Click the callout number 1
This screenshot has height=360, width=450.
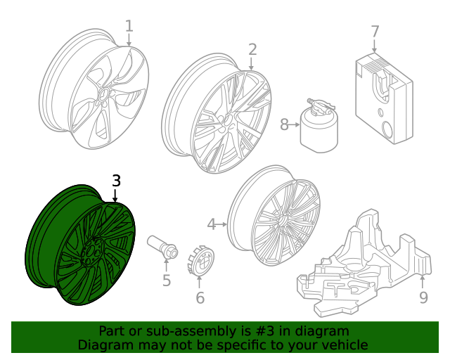(129, 26)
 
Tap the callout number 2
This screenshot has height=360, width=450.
(252, 50)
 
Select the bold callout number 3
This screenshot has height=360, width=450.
(116, 181)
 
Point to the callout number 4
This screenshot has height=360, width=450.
(212, 224)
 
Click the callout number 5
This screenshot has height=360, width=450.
(167, 280)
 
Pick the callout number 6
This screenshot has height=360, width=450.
(200, 297)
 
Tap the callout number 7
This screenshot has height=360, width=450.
(375, 32)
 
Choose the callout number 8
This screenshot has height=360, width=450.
(284, 124)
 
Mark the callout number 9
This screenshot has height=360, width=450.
(423, 297)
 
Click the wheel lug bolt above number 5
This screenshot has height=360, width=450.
(162, 247)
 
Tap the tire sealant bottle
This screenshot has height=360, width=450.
(319, 127)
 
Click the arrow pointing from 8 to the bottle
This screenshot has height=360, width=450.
(295, 124)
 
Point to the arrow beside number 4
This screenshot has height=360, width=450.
(221, 224)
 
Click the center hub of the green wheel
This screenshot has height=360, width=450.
(92, 252)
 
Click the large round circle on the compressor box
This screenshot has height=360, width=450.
(387, 130)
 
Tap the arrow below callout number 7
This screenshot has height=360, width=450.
(375, 46)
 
